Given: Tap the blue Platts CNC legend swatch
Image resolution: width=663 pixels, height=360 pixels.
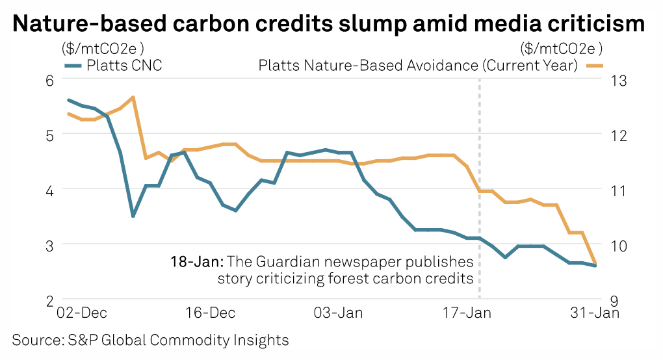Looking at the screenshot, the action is [x=73, y=66].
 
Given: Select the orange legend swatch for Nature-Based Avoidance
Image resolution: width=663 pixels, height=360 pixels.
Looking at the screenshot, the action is [x=594, y=66].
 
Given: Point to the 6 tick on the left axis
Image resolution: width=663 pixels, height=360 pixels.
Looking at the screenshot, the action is [x=50, y=81].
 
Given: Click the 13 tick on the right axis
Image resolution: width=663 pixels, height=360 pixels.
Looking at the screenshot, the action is [x=619, y=81].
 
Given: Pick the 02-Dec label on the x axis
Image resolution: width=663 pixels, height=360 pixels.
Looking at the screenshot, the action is [x=82, y=313].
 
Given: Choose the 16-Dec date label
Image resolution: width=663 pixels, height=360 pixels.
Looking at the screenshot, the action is [x=210, y=313].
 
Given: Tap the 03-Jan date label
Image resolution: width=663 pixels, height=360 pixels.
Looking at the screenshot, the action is [x=338, y=313].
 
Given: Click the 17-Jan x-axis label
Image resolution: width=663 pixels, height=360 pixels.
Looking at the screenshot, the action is [x=467, y=313].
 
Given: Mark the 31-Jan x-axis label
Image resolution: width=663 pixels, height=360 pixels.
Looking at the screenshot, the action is [x=595, y=313].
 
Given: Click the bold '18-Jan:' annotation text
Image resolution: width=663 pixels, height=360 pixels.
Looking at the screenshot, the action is [x=197, y=262].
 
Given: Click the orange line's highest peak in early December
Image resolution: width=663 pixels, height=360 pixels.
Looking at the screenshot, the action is [x=133, y=97].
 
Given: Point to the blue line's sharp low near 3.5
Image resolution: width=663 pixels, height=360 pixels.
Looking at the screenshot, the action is [x=133, y=216].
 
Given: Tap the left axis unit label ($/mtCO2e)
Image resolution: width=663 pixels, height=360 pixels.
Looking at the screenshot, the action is [x=103, y=49].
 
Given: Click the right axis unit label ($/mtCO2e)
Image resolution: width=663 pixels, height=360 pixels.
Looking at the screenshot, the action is [x=562, y=49].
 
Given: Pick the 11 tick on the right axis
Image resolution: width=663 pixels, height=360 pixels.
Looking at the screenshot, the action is [x=619, y=190].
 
